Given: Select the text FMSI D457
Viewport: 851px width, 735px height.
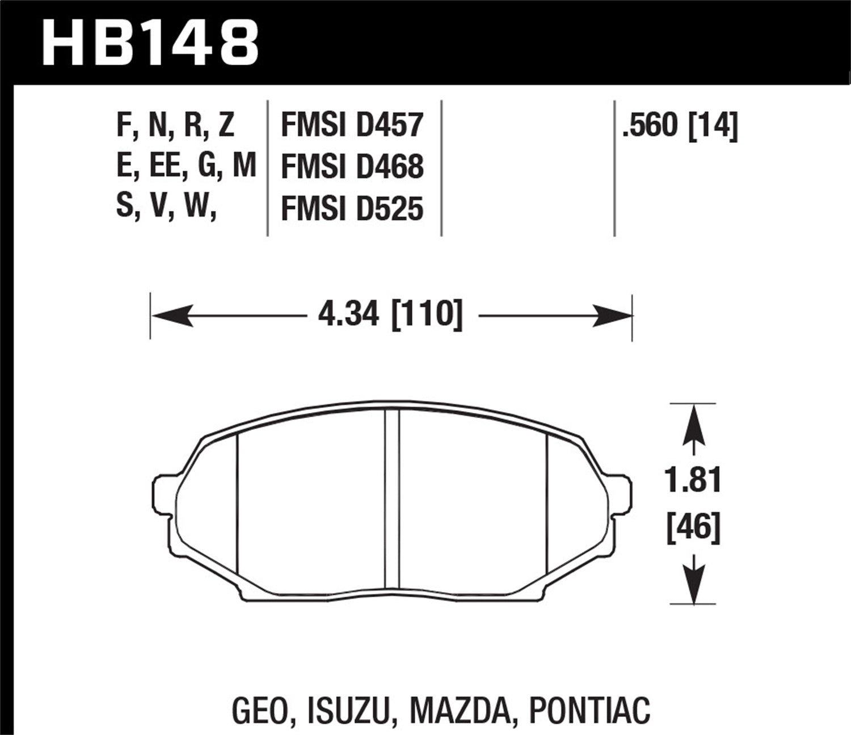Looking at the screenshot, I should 352,125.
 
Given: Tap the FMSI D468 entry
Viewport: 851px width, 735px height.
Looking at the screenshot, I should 352,167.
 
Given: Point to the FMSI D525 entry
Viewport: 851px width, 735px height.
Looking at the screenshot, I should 352,209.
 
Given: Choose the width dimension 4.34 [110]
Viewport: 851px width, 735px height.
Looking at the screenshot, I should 390,314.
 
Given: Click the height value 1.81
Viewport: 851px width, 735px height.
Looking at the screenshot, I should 693,481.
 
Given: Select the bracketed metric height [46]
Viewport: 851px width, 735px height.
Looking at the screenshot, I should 693,527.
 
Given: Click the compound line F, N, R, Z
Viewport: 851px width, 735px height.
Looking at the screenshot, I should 175,125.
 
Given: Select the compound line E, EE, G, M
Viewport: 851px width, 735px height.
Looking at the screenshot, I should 186,167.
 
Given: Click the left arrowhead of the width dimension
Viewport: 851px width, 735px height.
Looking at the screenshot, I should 170,315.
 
